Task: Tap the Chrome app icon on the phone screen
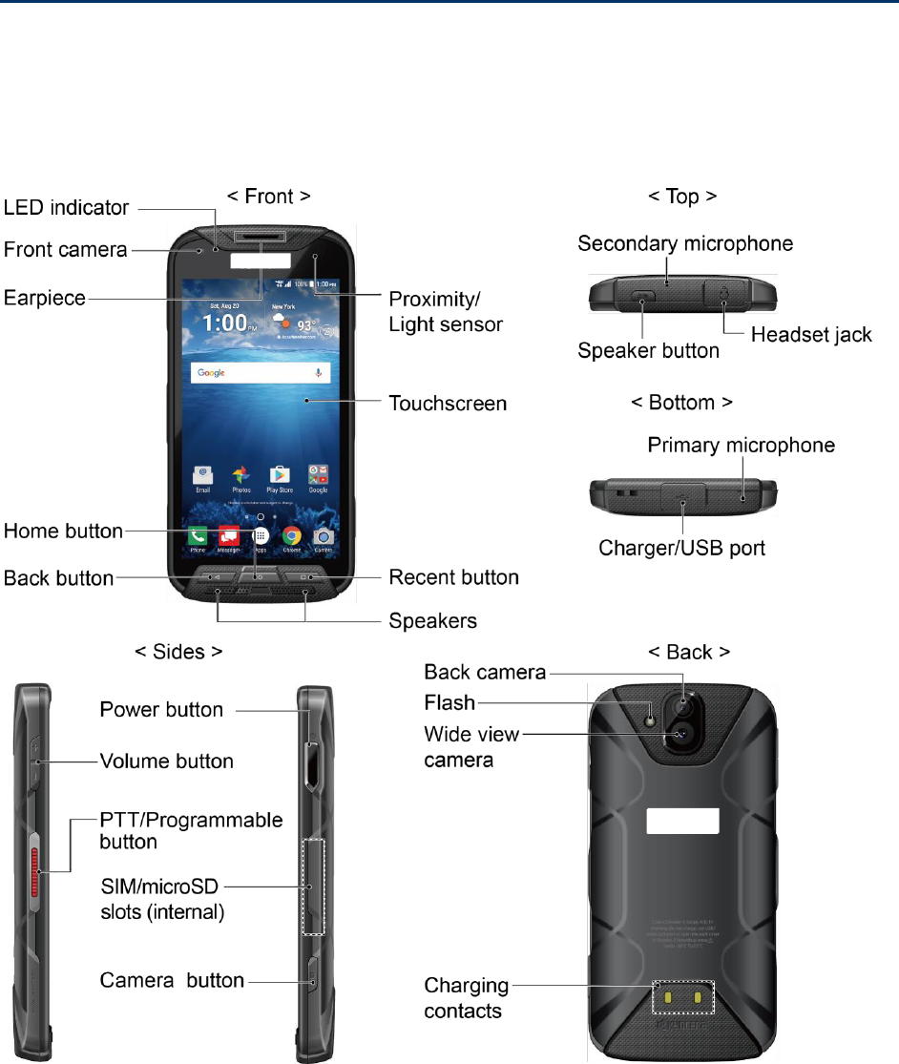292,536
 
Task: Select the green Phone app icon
198,536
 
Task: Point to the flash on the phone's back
652,717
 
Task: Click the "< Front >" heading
267,196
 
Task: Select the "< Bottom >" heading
682,403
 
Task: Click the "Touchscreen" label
448,404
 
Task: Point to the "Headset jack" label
811,335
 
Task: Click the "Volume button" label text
167,761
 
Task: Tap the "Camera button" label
173,980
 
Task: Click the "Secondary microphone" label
685,243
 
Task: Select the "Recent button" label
454,577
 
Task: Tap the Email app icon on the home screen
201,475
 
